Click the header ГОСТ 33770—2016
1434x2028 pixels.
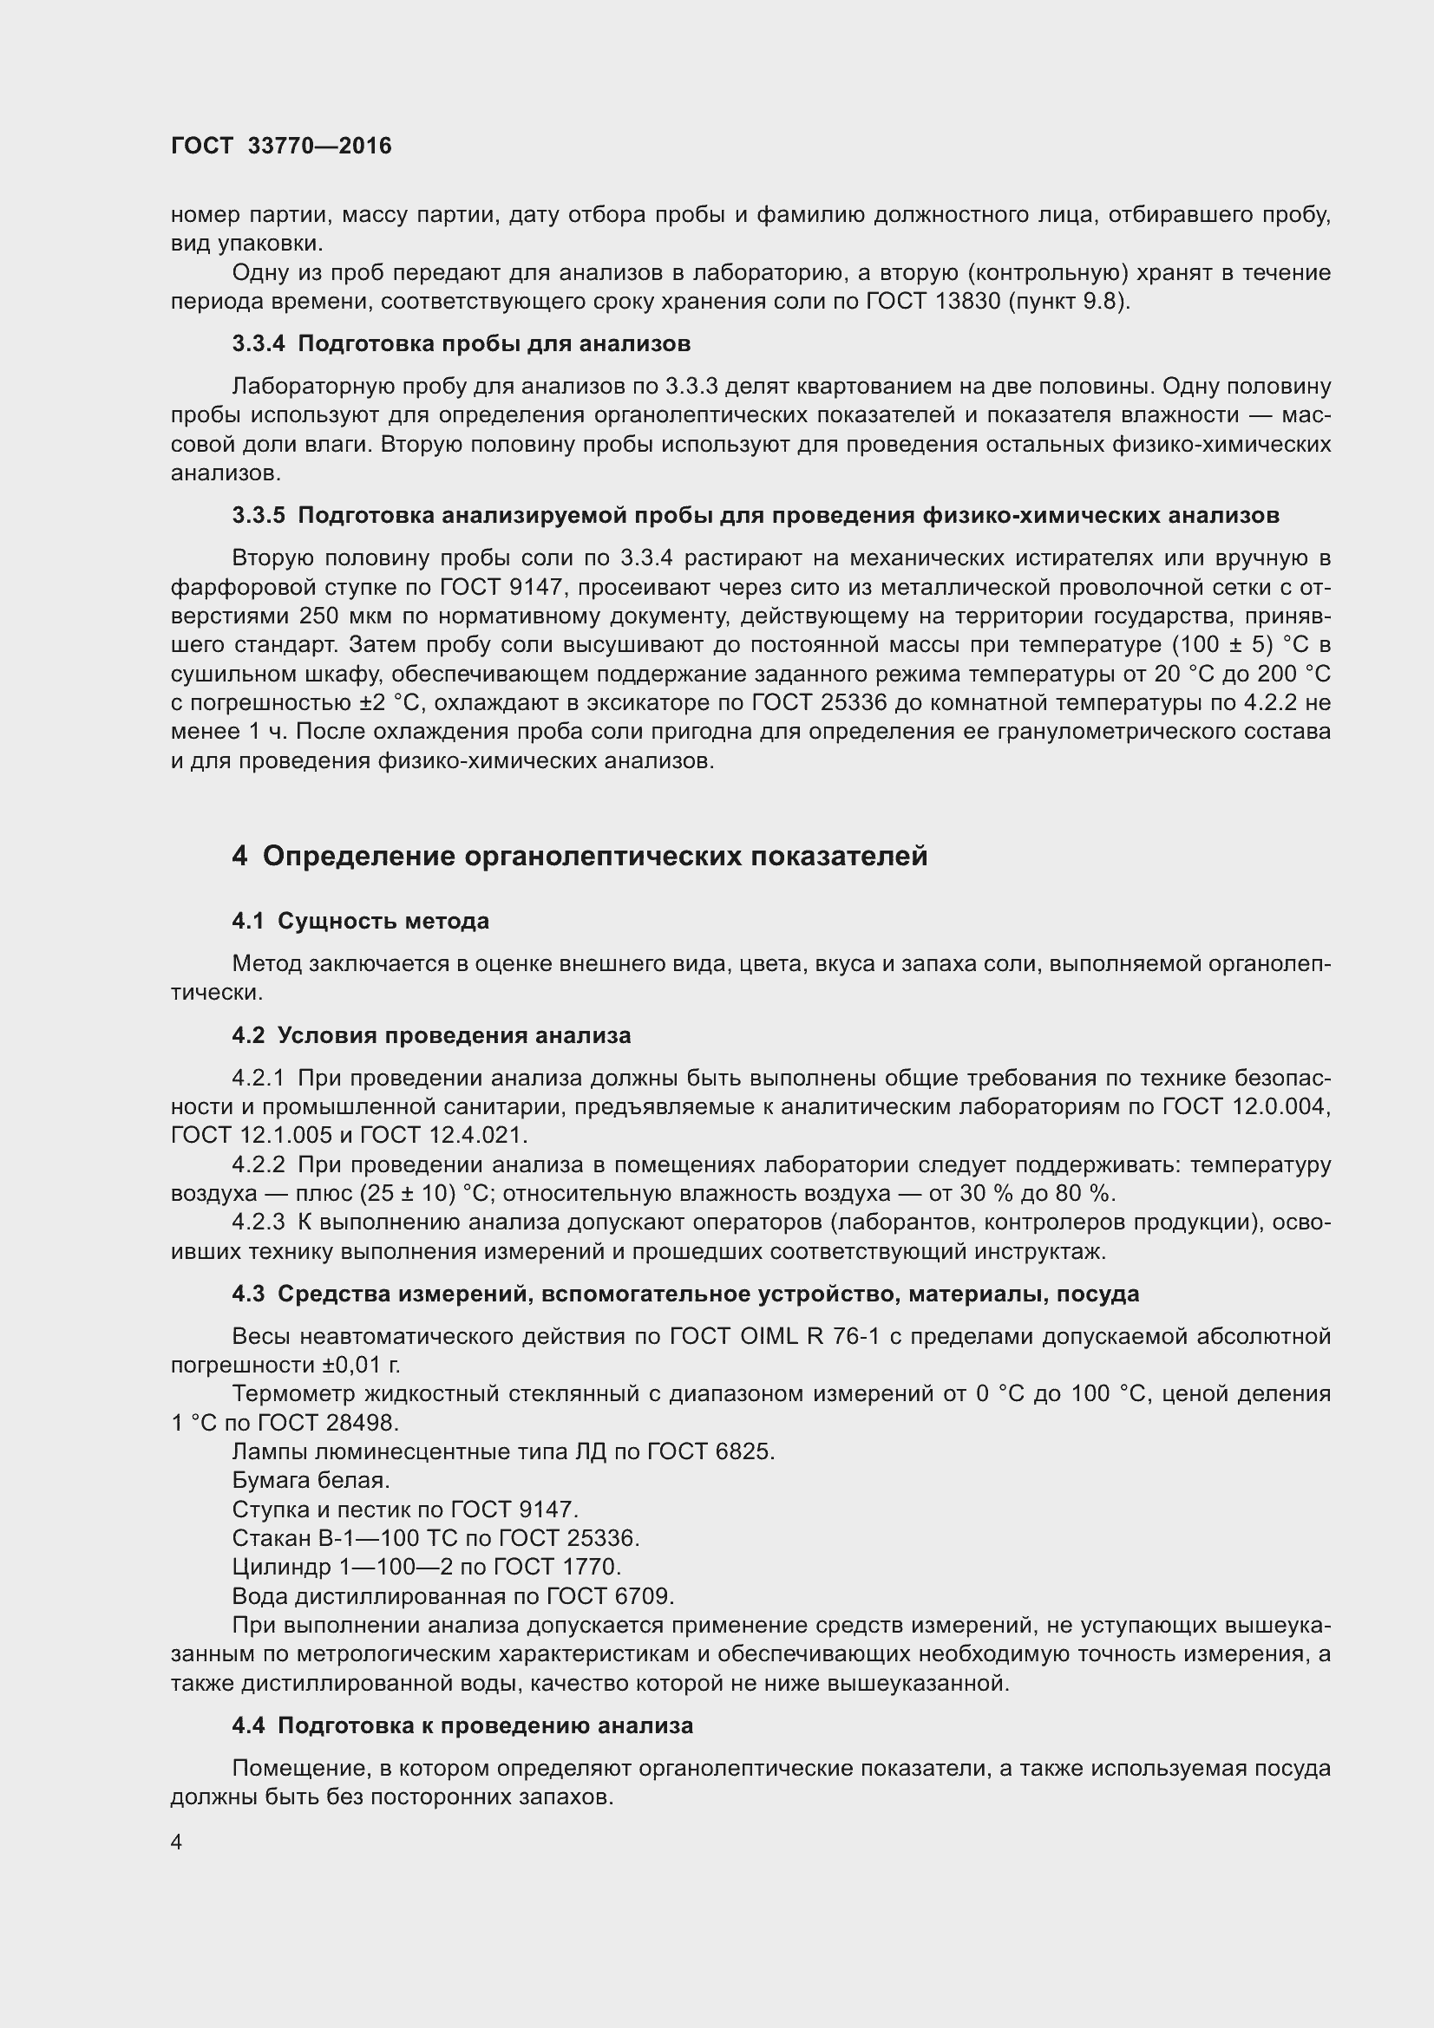[x=281, y=146]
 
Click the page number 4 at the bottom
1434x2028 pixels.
[x=177, y=1842]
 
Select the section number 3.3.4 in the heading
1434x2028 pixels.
[x=258, y=343]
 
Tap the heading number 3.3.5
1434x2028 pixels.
[x=258, y=516]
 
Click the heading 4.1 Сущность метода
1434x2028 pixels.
[x=361, y=922]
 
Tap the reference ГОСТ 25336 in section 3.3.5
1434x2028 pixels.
[x=820, y=703]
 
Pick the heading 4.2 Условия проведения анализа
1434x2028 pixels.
[x=431, y=1036]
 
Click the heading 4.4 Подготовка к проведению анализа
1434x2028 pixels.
[x=462, y=1726]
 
